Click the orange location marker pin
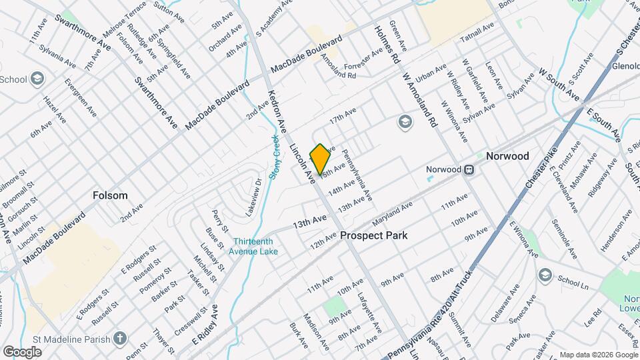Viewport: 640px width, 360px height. [x=320, y=159]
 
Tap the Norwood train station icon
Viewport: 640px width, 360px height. [x=470, y=169]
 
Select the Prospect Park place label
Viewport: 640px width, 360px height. [x=374, y=236]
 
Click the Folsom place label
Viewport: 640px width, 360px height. [x=110, y=196]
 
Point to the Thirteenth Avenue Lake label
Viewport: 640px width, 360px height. [x=256, y=246]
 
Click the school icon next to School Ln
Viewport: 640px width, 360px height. [x=546, y=275]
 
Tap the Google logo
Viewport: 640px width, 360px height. [x=22, y=351]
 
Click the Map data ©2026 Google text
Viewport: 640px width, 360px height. [x=597, y=355]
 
